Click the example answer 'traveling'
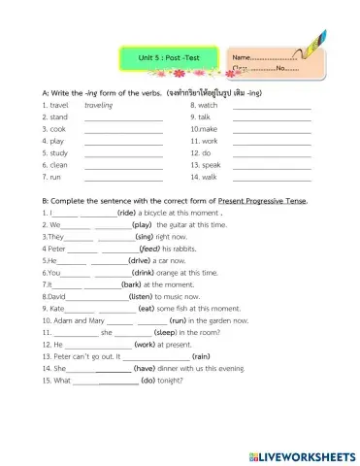click(x=99, y=103)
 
